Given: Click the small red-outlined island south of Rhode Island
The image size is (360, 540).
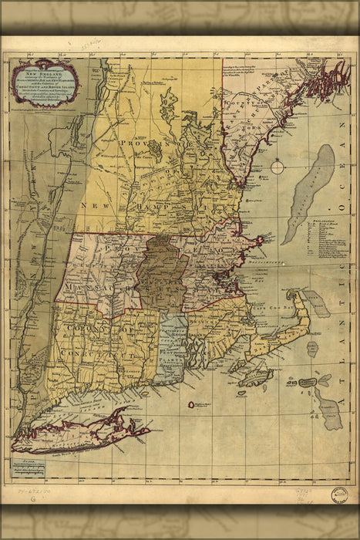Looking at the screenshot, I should (x=190, y=403).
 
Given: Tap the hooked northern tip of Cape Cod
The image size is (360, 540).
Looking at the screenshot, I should (x=291, y=296).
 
